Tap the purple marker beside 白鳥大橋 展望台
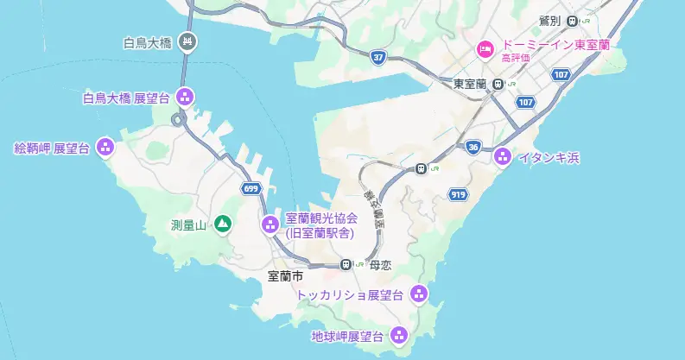[184, 98]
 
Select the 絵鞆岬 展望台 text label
[52, 148]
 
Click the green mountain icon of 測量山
[223, 225]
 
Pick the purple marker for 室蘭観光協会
[269, 225]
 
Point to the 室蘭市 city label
[285, 277]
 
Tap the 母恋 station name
[381, 265]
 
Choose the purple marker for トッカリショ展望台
[419, 294]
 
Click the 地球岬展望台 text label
[348, 335]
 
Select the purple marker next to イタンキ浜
[503, 156]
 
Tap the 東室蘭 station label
[470, 83]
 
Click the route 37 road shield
[377, 57]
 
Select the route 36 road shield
[472, 147]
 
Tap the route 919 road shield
[459, 195]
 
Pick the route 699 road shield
[251, 187]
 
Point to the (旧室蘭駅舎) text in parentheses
[318, 233]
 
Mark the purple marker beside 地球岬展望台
[399, 335]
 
